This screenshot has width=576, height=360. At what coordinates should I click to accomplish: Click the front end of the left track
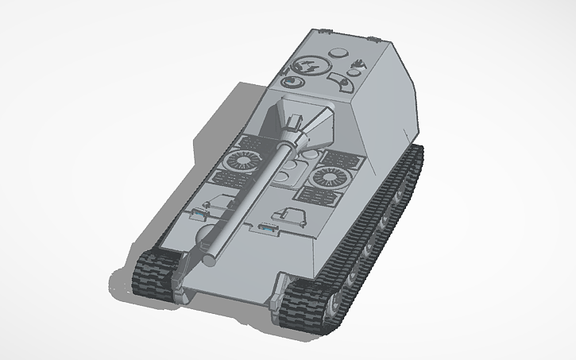151,273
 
